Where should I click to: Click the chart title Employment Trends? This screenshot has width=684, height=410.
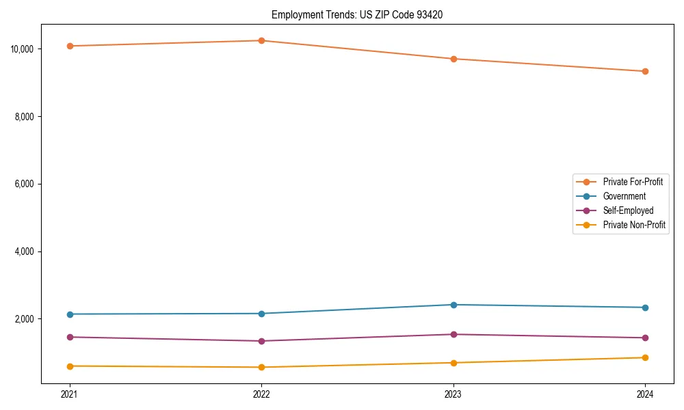[357, 14]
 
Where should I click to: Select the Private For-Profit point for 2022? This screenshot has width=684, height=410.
[261, 40]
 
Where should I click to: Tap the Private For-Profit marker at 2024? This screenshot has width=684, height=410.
[645, 71]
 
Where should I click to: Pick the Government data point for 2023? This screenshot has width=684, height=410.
[453, 305]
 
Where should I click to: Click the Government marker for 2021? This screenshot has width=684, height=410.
[69, 314]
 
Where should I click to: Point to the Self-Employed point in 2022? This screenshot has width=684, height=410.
[261, 341]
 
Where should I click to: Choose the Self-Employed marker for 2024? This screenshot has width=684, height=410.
[645, 338]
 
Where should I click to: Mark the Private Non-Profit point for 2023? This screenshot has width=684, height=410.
[453, 363]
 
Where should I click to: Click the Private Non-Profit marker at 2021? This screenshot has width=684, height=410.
[69, 366]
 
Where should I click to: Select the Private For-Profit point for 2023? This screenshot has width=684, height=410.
[453, 59]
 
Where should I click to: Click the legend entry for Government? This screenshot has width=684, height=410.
[624, 196]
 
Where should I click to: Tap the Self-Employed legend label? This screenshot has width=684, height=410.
[628, 210]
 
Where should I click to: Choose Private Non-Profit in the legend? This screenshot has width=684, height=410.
[634, 225]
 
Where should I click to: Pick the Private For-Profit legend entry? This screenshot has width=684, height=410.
[632, 182]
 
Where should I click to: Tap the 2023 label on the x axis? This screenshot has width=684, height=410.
[453, 394]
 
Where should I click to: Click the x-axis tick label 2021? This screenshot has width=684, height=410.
[69, 394]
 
